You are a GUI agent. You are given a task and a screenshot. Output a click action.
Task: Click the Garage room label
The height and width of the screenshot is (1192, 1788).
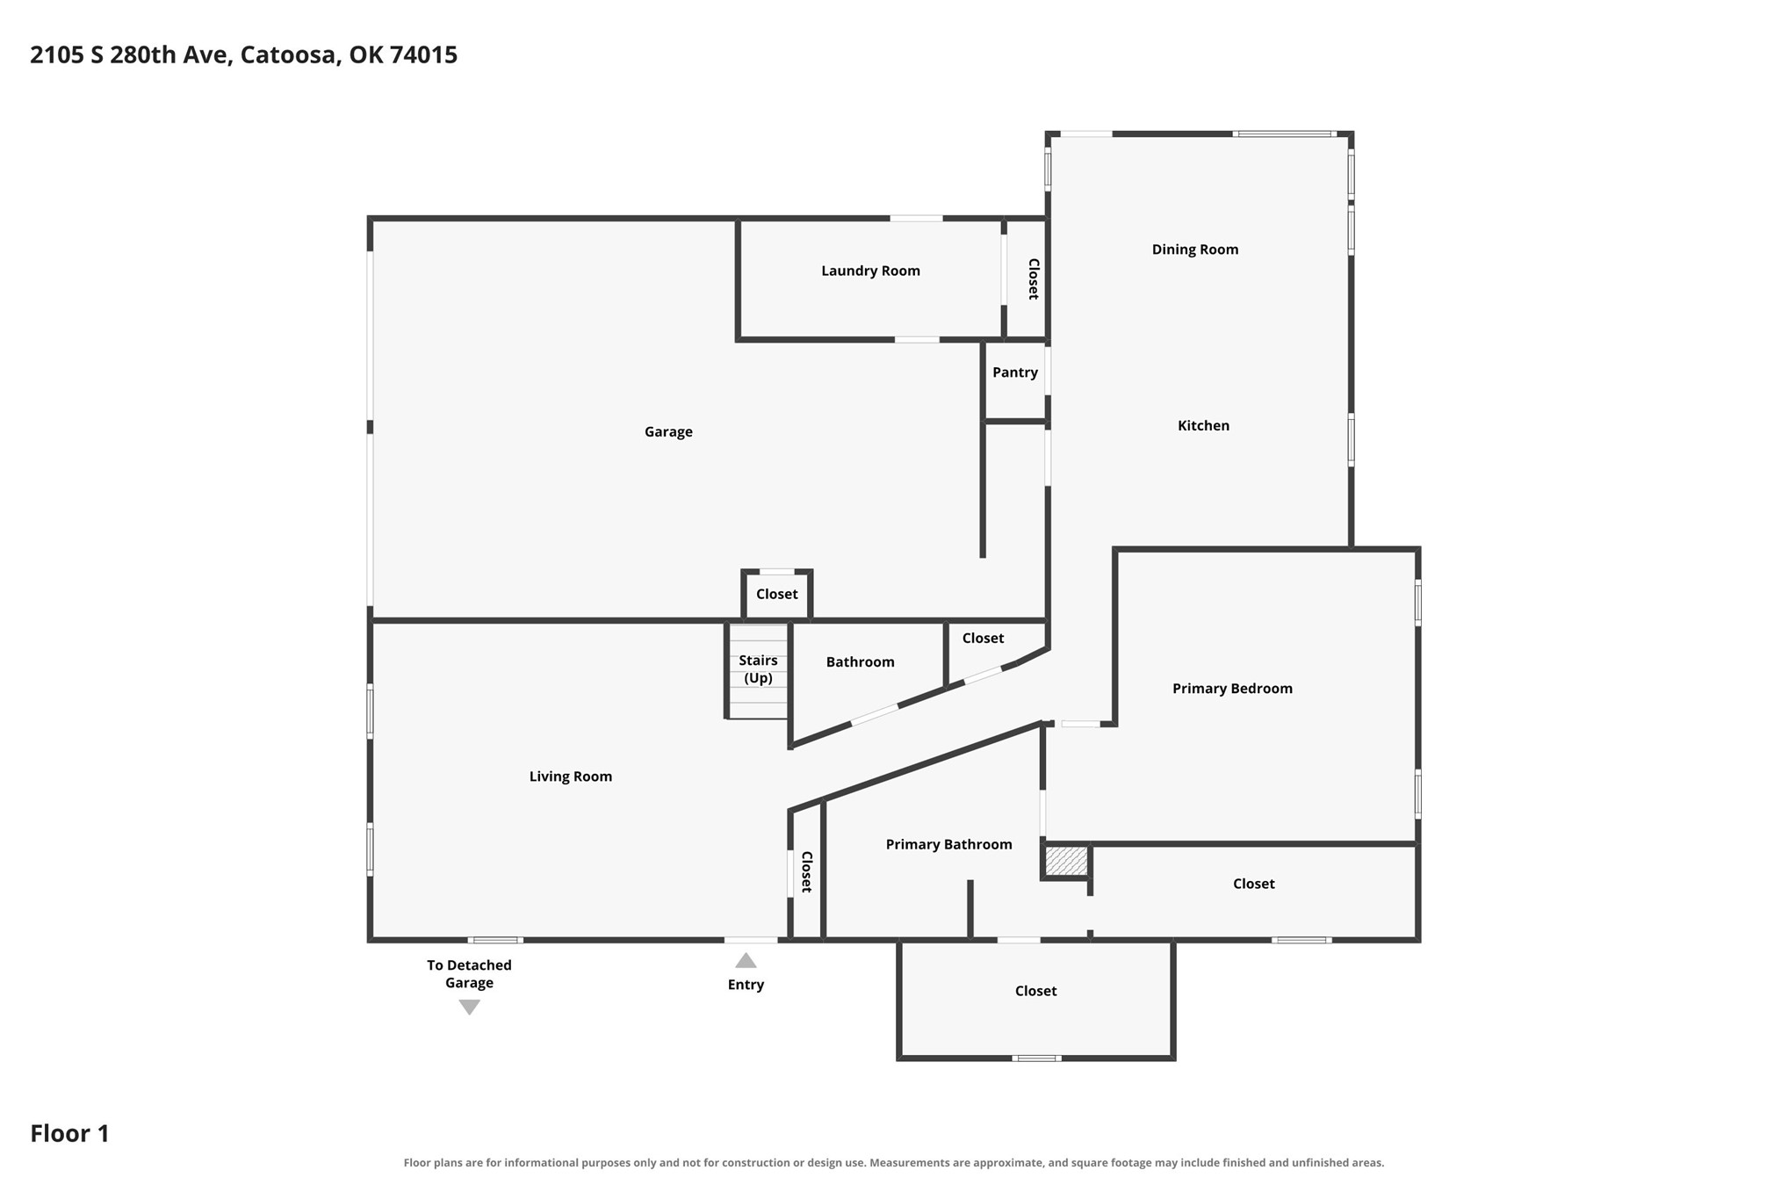[x=668, y=431]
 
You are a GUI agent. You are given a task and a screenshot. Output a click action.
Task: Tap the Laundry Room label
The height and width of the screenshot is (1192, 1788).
[x=870, y=271]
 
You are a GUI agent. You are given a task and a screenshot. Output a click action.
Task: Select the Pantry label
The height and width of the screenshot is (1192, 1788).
[x=1015, y=372]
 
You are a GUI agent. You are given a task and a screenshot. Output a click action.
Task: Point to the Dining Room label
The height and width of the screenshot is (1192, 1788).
[x=1195, y=249]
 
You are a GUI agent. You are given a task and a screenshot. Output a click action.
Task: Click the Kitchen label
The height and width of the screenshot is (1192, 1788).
[x=1203, y=425]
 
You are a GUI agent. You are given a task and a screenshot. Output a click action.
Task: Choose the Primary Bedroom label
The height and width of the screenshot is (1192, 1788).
[x=1232, y=689]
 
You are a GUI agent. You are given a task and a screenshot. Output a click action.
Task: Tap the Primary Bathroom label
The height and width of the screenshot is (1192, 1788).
[x=948, y=844]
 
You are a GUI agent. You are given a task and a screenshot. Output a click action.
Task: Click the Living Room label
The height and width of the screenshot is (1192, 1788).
[x=570, y=777]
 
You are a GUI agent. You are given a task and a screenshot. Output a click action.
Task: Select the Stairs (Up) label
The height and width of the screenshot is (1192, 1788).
[x=758, y=669]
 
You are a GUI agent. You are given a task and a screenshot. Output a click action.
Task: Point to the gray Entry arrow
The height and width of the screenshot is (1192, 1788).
[x=746, y=960]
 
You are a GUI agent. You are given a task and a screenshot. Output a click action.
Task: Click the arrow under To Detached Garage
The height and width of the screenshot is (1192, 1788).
[x=470, y=1008]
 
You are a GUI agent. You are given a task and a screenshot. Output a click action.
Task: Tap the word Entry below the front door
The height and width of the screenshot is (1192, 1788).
[x=746, y=985]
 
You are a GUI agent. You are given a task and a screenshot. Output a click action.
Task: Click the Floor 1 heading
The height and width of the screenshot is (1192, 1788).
[x=69, y=1133]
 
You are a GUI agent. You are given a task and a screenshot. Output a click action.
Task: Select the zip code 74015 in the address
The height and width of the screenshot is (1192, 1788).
[x=423, y=54]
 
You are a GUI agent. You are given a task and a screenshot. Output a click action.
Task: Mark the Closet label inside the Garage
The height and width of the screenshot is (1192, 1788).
[x=777, y=594]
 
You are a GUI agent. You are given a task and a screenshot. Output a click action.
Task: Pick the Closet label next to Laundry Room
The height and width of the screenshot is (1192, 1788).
[x=1034, y=278]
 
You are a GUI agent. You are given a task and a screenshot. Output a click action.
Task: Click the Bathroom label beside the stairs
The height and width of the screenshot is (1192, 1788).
[x=860, y=662]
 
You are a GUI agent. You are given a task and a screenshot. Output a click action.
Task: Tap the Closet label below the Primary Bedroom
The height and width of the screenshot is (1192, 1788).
[x=1253, y=884]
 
